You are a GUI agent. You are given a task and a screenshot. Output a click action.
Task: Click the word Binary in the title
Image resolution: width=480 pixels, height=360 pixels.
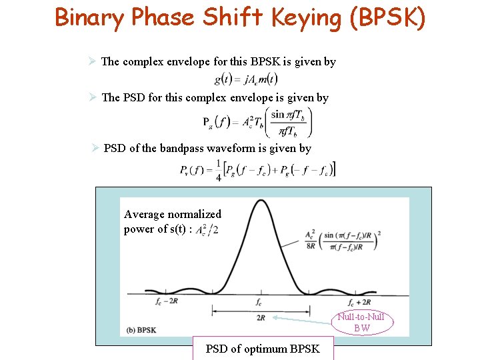89,17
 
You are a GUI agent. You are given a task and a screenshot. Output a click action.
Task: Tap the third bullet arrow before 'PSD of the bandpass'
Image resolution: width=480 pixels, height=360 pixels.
95,149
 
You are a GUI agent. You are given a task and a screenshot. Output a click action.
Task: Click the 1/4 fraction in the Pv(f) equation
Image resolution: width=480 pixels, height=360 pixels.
218,171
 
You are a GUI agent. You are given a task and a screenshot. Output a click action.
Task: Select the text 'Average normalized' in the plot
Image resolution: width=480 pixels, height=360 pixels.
173,214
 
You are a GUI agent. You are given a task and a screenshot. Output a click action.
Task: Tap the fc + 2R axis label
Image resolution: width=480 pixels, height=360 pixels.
359,301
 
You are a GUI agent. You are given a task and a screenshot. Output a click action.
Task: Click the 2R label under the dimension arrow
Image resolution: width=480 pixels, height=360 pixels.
260,318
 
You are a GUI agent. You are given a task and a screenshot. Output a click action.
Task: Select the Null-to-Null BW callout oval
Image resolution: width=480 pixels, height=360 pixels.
362,323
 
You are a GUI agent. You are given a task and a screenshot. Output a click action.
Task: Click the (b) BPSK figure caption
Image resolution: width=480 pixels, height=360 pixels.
141,330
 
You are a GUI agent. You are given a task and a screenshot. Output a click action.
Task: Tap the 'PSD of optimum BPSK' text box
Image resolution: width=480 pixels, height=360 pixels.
263,348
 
